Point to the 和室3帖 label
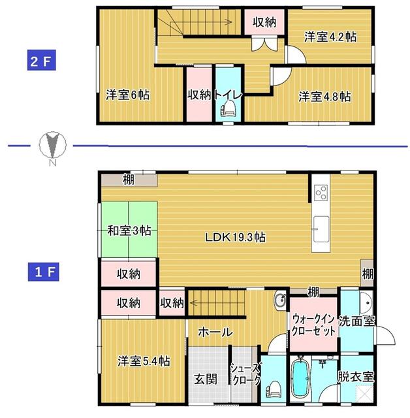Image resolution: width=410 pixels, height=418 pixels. [129, 231]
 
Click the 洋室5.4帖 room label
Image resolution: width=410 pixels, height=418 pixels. [144, 361]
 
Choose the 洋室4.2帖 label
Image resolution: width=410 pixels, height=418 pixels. [330, 37]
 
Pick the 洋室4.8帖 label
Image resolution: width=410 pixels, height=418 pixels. [324, 96]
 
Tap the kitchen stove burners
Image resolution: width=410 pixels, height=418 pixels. [321, 192]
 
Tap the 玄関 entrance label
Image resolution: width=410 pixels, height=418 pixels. [206, 379]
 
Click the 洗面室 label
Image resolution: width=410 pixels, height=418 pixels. [356, 321]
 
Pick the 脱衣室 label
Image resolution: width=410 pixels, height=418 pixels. [356, 377]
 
